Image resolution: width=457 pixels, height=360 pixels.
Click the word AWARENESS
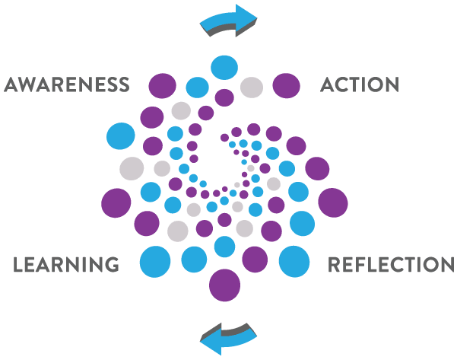click(x=65, y=84)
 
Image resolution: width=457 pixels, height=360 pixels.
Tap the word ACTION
click(x=360, y=84)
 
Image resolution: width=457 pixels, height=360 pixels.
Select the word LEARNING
click(x=67, y=265)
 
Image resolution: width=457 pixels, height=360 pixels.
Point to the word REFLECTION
click(x=391, y=265)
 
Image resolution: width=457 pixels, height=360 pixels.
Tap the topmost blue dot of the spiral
click(x=224, y=67)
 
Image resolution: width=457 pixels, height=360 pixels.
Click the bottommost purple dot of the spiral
click(x=224, y=285)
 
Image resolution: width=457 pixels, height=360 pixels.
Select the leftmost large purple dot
click(x=116, y=202)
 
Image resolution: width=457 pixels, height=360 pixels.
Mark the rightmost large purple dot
click(x=332, y=202)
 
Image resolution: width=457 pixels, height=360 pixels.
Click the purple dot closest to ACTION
click(x=286, y=85)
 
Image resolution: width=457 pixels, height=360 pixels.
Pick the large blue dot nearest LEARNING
click(x=154, y=261)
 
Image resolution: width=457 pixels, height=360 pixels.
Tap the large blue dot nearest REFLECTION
click(x=294, y=261)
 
